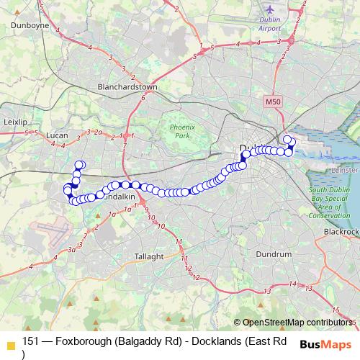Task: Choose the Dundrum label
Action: pyautogui.click(x=274, y=254)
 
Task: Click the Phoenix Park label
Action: pyautogui.click(x=183, y=131)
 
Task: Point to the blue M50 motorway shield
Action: pyautogui.click(x=272, y=103)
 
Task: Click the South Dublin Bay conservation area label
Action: pyautogui.click(x=329, y=202)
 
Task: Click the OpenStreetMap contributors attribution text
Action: pyautogui.click(x=299, y=323)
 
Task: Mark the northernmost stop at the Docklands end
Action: pyautogui.click(x=287, y=140)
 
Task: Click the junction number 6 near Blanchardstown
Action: pyautogui.click(x=143, y=98)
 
